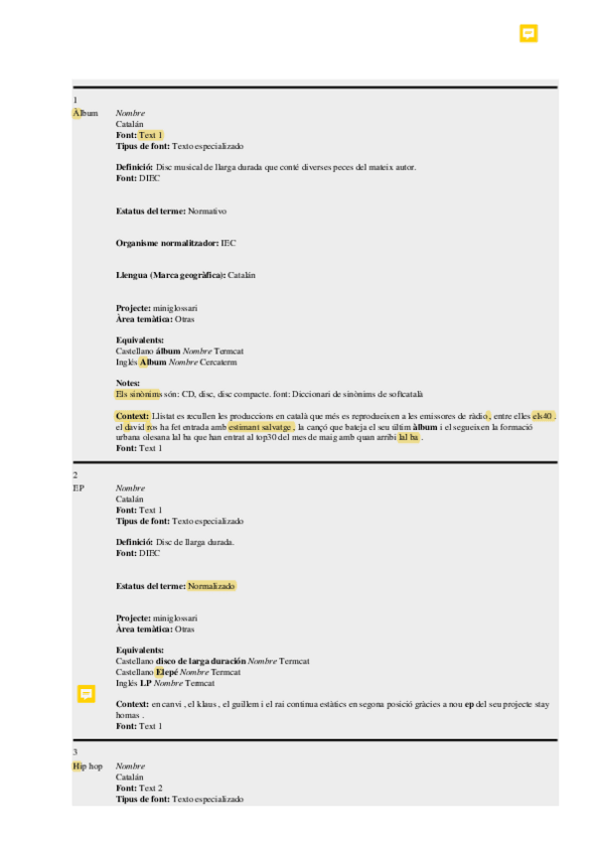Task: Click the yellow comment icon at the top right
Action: pos(528,34)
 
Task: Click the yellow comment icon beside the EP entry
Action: pos(86,693)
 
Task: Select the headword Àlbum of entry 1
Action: pos(85,113)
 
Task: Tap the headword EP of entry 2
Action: pos(78,489)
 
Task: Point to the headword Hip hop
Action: pos(87,767)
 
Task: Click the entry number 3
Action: pos(75,754)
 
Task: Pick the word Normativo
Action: pos(208,211)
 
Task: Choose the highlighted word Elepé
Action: pos(166,672)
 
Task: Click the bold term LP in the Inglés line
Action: pos(145,683)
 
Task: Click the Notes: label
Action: pos(128,382)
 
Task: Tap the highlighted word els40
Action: pos(543,415)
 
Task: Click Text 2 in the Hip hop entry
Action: pos(150,787)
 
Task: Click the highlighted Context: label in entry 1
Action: pos(133,415)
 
